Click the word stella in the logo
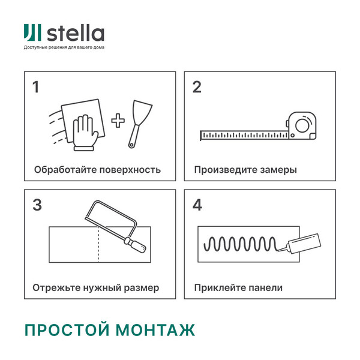tap(76, 33)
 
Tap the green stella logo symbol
tap(32, 32)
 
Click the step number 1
tap(36, 87)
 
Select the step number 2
tap(197, 87)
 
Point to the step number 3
tap(37, 205)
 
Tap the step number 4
tap(197, 205)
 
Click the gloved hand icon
tap(85, 133)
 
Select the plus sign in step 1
tap(118, 121)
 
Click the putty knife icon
tap(140, 124)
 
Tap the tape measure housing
tap(302, 125)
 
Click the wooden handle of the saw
tap(135, 245)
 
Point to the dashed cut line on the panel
tap(98, 244)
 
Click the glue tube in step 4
tap(301, 244)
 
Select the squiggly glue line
tap(241, 244)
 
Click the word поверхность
tap(130, 170)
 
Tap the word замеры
tap(278, 170)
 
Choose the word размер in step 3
tap(142, 288)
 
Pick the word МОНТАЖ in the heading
tap(155, 329)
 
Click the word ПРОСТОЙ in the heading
tap(67, 329)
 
